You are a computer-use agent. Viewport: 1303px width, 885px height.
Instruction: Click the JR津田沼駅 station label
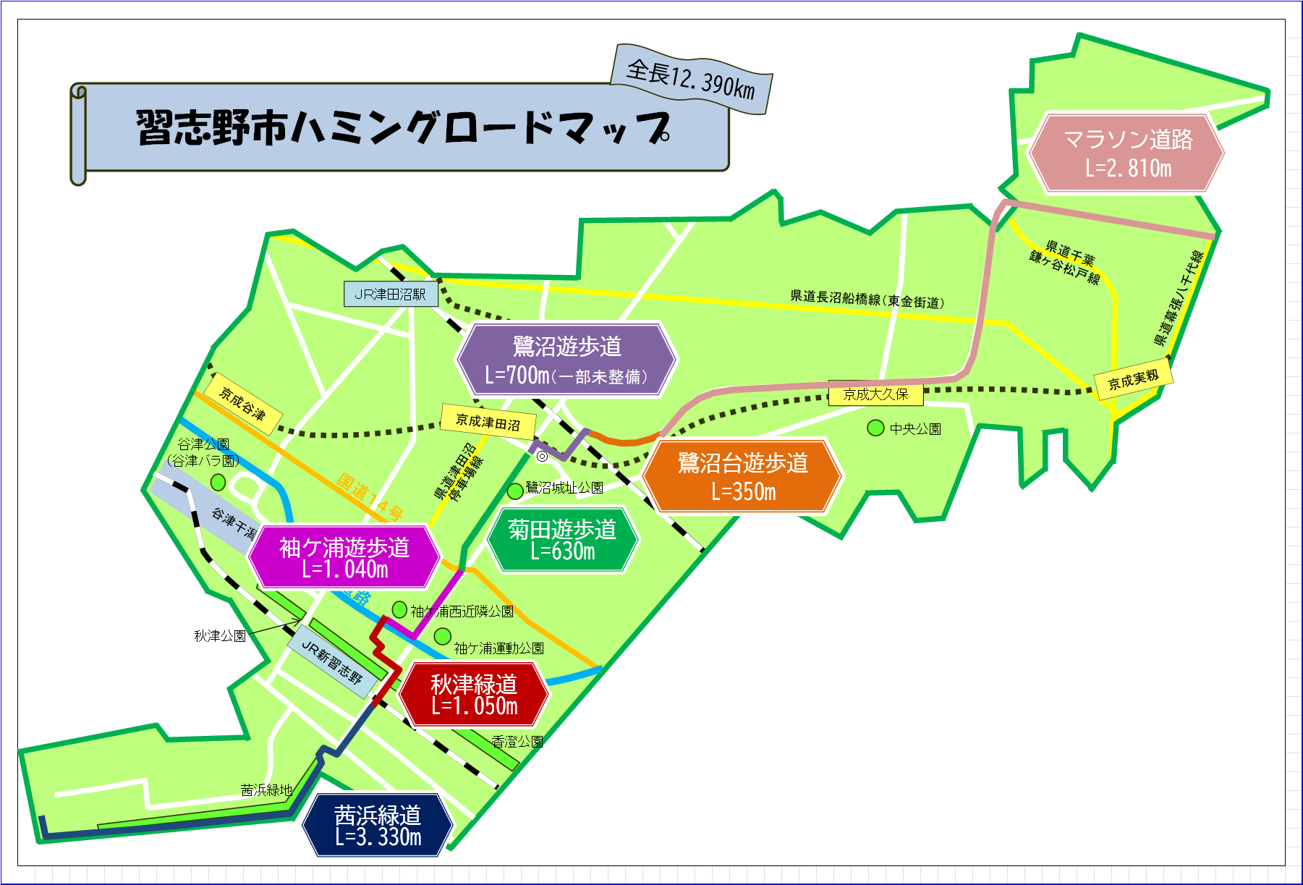(391, 294)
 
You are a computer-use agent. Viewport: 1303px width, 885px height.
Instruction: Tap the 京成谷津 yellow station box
(243, 405)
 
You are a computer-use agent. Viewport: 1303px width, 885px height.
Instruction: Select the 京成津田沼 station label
(488, 422)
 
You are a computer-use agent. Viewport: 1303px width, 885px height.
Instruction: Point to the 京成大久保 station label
(875, 394)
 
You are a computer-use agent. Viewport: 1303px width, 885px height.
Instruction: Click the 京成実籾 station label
(1133, 379)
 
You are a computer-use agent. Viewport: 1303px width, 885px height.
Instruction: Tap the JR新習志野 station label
(331, 662)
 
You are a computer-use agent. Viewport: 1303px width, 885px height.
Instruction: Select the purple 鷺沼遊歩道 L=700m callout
(566, 360)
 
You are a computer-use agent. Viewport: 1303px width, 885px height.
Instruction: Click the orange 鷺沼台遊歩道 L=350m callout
(742, 476)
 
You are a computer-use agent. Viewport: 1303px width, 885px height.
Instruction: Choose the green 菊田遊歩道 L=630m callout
(562, 540)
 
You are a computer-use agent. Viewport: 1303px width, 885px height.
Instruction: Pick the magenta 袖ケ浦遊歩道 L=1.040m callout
(344, 557)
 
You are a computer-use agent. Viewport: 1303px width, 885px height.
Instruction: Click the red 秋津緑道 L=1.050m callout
(474, 694)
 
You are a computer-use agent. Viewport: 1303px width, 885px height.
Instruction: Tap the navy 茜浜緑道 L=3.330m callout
(378, 826)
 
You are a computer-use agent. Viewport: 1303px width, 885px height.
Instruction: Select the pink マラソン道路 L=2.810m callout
(1126, 153)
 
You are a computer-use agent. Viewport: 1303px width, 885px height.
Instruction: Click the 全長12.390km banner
(691, 79)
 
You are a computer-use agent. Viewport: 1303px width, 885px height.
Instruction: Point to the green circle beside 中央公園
(875, 428)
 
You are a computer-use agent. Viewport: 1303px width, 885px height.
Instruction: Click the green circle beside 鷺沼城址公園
(515, 491)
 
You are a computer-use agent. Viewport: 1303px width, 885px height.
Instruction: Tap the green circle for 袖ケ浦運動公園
(442, 637)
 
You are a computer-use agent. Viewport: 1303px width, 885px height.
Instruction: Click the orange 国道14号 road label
(370, 497)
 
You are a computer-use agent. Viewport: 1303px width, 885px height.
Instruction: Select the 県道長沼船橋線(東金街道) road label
(867, 300)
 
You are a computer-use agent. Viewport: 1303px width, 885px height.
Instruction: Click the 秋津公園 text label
(220, 636)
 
